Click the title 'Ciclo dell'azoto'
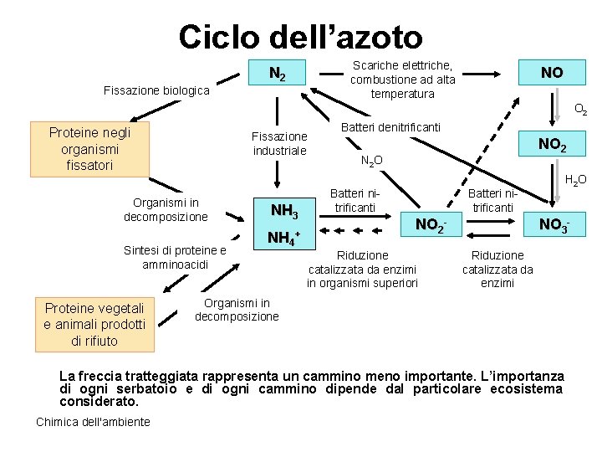pos(300,37)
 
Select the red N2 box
pos(278,74)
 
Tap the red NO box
pos(552,73)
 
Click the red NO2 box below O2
pos(552,145)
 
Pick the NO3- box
pos(554,224)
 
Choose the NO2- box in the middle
pos(431,224)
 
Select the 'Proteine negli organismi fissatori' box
pos(89,149)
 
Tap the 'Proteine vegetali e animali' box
pos(94,324)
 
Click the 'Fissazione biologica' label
pos(156,90)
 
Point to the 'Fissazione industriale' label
pos(279,143)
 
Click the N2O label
pos(372,161)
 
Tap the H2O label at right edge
pos(575,180)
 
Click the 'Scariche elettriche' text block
pos(403,80)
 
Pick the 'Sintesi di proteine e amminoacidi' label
pos(175,257)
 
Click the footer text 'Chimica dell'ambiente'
pos(94,422)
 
